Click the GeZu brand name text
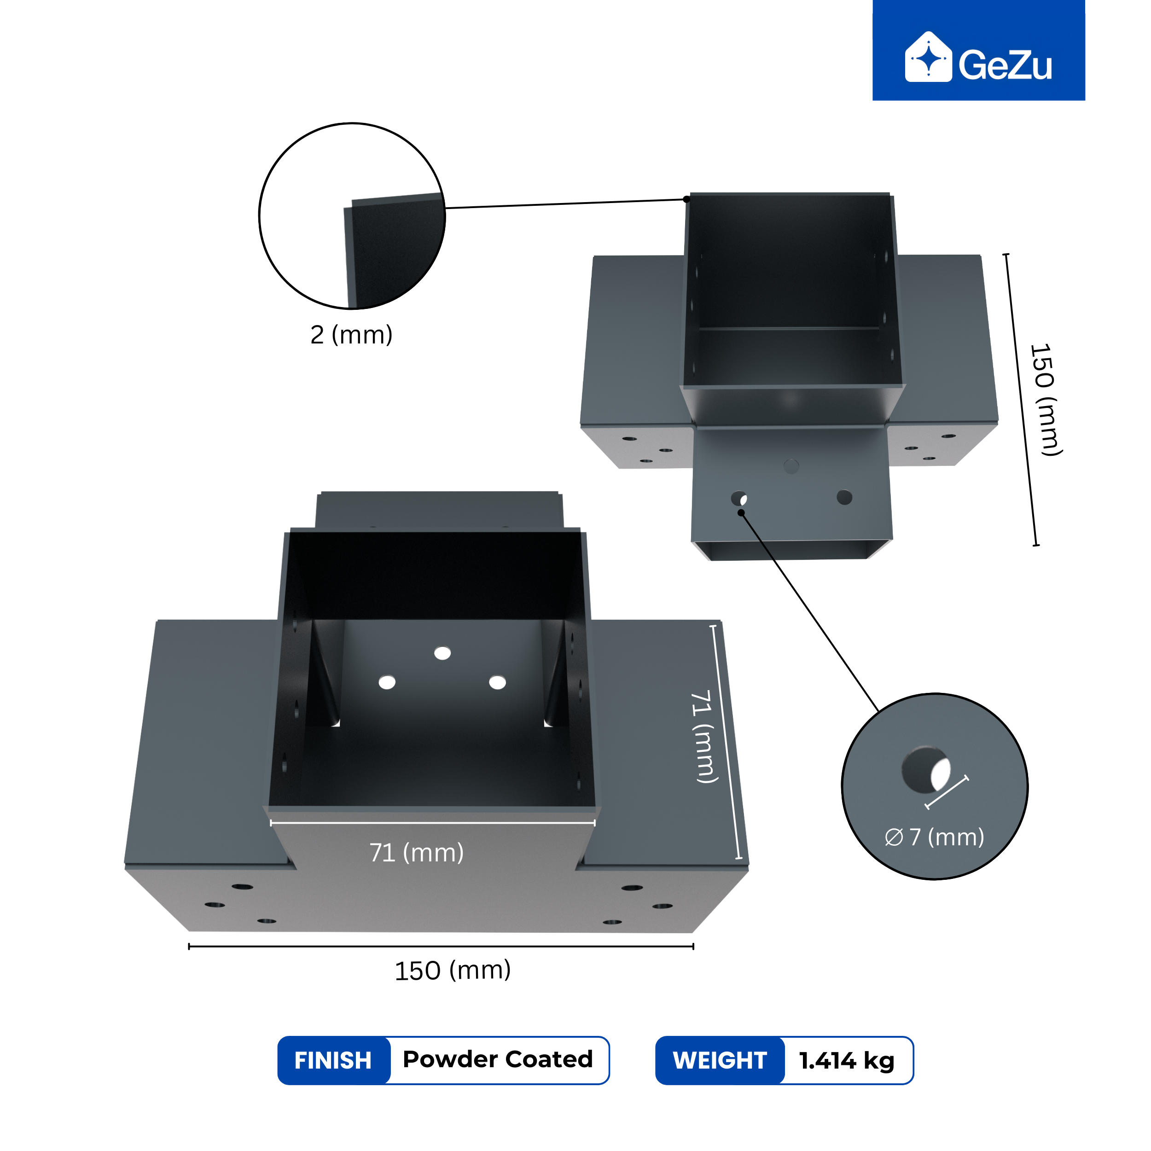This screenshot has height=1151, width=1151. click(x=1005, y=65)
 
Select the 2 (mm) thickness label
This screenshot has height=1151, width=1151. click(x=351, y=335)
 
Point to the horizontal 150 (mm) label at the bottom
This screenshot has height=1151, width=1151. click(x=453, y=971)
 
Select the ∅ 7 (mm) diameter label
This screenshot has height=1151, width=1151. click(x=934, y=837)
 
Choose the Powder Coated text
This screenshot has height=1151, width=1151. click(x=498, y=1059)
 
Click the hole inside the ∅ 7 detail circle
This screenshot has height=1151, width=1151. click(x=926, y=770)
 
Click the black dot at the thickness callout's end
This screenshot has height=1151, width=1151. click(x=686, y=199)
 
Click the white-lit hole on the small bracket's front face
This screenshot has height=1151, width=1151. click(x=739, y=498)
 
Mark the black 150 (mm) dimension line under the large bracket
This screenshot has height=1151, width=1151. click(x=441, y=946)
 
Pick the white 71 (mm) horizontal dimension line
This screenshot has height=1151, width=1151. click(x=432, y=823)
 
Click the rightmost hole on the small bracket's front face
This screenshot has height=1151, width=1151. click(x=844, y=497)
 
